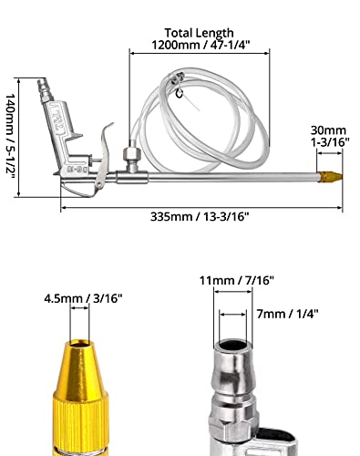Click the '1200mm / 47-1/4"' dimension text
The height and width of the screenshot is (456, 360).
click(201, 45)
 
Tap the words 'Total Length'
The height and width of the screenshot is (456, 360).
click(199, 33)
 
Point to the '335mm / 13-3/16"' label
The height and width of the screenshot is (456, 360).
click(200, 217)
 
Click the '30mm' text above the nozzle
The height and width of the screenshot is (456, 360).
click(328, 130)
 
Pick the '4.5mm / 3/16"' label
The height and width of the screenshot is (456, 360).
click(83, 298)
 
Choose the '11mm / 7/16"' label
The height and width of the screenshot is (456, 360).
click(237, 280)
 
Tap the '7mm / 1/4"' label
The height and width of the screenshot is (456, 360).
click(287, 314)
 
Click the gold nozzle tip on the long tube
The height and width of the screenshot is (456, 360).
click(330, 176)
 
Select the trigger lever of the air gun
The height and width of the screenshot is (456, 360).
click(103, 158)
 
